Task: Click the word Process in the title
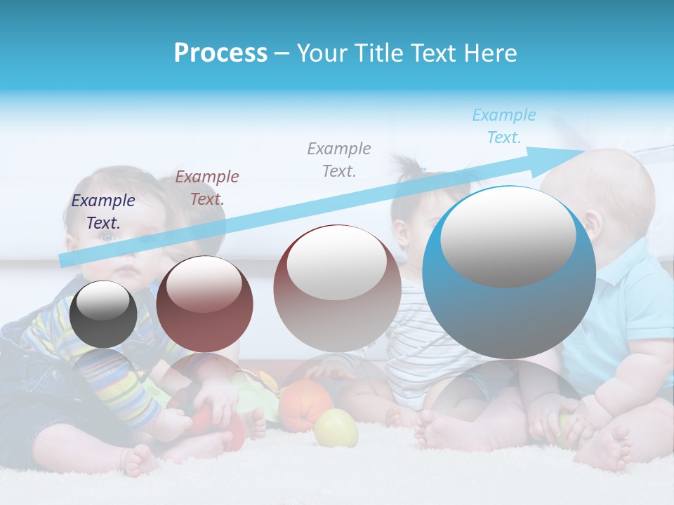(x=220, y=53)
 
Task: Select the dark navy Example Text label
(x=103, y=211)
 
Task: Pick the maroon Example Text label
(x=207, y=187)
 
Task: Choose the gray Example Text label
(x=339, y=159)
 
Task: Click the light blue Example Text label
(x=503, y=126)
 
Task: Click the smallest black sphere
(x=103, y=314)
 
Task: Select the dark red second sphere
(x=204, y=304)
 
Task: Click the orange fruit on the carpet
(x=305, y=405)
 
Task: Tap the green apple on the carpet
(x=336, y=428)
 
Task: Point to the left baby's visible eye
(x=105, y=237)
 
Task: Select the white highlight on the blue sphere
(x=508, y=236)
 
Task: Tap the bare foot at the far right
(x=611, y=449)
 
